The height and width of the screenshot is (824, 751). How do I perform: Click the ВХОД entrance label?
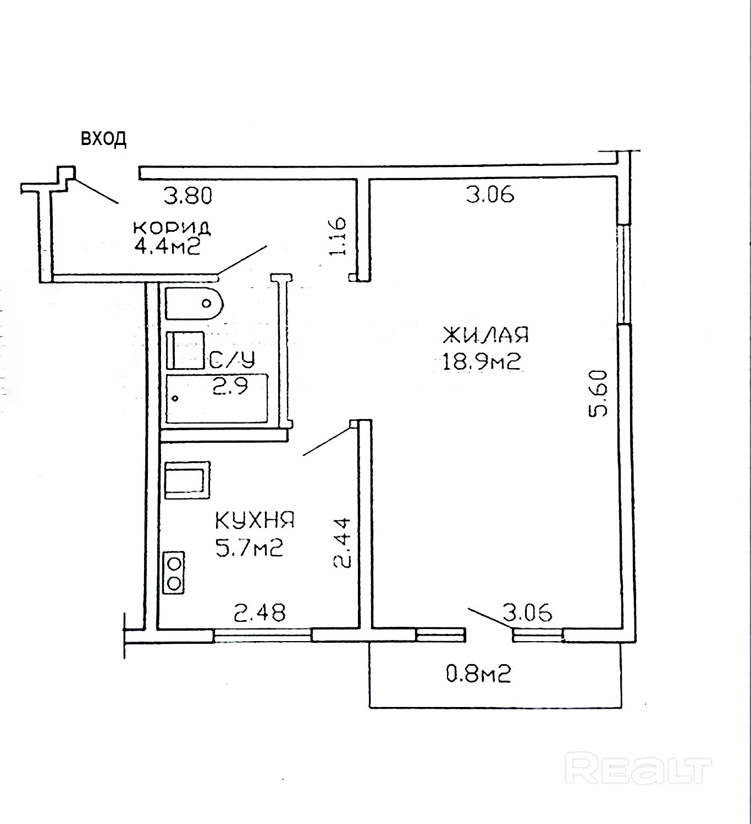[104, 139]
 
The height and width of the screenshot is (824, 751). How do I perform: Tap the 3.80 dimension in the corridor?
[188, 196]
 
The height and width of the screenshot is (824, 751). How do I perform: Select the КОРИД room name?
[172, 227]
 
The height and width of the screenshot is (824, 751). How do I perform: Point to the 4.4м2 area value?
[167, 247]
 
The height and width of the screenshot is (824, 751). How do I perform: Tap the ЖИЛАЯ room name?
[485, 335]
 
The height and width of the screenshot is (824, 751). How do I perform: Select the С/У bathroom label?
[232, 359]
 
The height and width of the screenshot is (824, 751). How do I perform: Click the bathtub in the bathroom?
[217, 398]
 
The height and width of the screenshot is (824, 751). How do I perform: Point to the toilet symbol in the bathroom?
[194, 304]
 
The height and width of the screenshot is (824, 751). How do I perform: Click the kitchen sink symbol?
[187, 480]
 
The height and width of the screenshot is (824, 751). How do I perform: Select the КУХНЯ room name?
[255, 520]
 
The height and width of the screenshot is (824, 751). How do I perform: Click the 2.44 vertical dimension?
[341, 542]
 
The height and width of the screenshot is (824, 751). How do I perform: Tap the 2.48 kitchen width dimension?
[259, 613]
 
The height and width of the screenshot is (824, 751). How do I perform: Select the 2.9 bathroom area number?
[230, 386]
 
